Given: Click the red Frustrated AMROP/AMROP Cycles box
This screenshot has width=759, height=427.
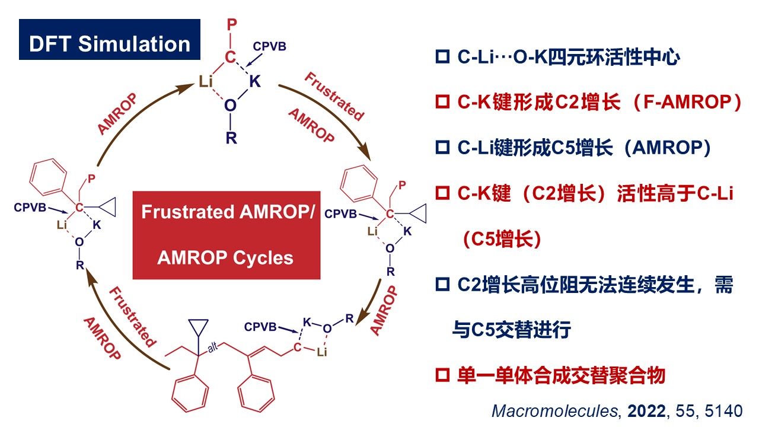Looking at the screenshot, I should tap(226, 235).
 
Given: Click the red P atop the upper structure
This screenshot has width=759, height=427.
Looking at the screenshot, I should tap(232, 26).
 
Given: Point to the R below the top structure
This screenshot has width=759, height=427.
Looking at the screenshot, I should tap(231, 139).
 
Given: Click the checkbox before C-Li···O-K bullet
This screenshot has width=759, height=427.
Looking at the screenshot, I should tap(442, 58).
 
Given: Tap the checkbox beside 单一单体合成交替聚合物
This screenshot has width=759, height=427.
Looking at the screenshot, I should tap(442, 376).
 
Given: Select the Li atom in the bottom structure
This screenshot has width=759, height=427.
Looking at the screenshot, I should tap(323, 353).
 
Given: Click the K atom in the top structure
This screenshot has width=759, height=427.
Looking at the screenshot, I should tap(255, 82).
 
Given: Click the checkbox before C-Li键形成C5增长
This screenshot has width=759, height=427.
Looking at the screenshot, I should tap(442, 148).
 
